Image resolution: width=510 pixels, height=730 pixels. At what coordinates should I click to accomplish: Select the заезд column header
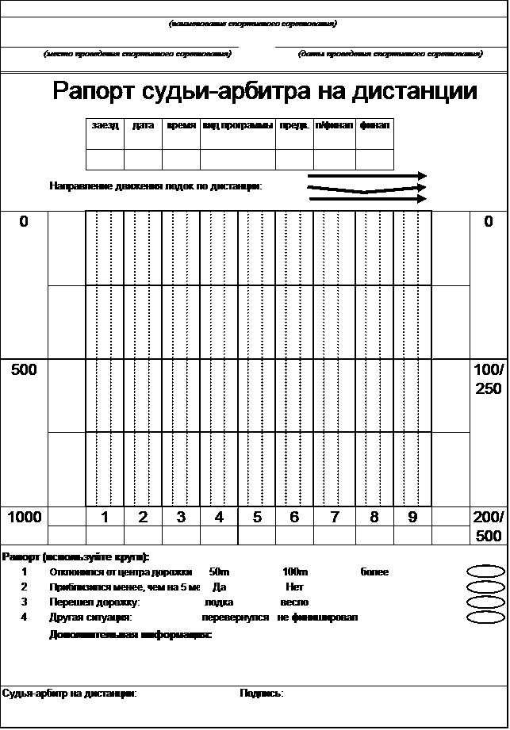point(105,126)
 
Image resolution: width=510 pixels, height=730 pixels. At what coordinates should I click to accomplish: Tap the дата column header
point(143,126)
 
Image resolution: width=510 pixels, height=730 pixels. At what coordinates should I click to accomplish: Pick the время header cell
point(182,126)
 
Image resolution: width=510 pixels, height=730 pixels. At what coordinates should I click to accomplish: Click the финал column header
point(374,126)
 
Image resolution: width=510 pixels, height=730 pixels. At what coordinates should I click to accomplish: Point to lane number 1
point(105,518)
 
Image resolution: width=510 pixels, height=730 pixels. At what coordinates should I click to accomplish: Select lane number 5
point(257,518)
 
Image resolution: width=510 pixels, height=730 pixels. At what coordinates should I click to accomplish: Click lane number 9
point(412,518)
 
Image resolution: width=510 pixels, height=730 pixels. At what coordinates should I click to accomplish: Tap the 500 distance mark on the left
point(24,369)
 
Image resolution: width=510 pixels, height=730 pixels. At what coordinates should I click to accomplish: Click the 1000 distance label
point(24,518)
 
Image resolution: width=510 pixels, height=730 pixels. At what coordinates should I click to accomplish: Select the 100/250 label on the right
point(488,379)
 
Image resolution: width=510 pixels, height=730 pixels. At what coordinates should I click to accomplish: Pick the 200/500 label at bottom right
point(488,526)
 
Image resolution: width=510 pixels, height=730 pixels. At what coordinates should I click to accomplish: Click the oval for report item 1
point(486,571)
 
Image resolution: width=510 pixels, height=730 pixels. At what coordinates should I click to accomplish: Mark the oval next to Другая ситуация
point(486,617)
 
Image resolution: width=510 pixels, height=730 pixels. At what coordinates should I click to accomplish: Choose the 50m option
point(219,571)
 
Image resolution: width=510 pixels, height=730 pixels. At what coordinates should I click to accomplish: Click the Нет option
point(294,587)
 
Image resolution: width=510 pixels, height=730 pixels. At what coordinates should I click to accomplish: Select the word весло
point(294,602)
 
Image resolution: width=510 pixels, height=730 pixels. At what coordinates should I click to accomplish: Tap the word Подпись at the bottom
point(261,694)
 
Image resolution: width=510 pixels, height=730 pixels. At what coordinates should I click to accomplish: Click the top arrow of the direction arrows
point(367,176)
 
